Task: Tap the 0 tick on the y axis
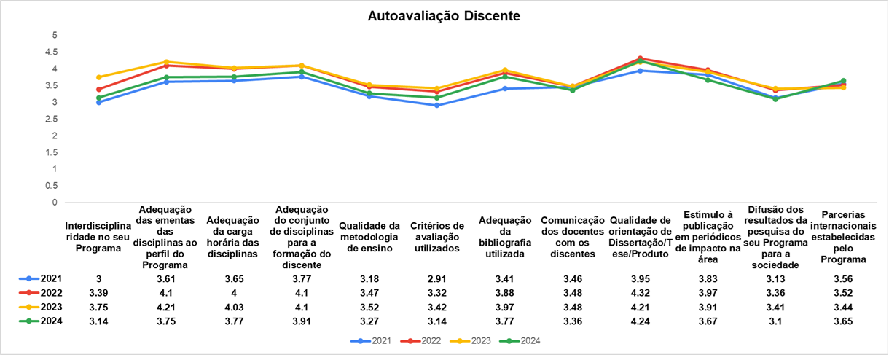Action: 54,203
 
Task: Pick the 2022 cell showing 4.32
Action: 640,293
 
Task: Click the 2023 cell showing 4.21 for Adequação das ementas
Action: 166,307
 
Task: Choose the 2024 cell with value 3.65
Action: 843,321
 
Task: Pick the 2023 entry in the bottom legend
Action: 477,340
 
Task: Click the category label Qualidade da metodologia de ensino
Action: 369,237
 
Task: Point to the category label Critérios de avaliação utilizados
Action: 436,237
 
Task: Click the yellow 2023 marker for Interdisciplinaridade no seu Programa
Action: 98,77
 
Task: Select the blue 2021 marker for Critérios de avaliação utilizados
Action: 436,106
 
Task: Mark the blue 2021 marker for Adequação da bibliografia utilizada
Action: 504,89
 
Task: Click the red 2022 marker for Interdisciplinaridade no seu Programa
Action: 98,90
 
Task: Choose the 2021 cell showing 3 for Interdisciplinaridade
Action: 98,278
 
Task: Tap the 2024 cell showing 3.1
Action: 775,321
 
